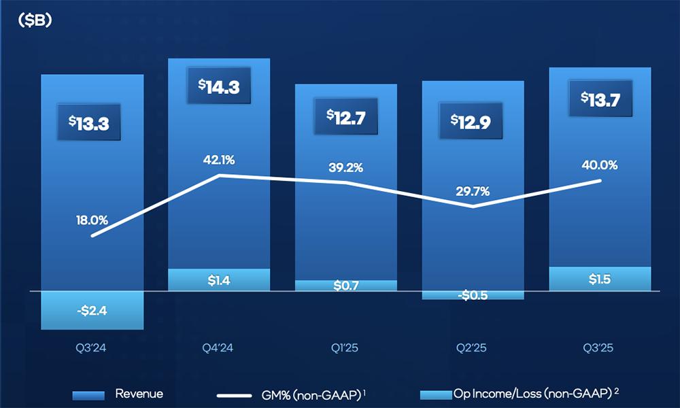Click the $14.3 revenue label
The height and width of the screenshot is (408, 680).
(x=219, y=87)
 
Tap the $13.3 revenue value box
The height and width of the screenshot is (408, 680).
(x=92, y=122)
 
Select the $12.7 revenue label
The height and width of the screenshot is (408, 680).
(x=346, y=116)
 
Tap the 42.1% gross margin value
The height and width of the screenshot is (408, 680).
(x=219, y=160)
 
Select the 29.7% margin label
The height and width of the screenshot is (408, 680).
(x=473, y=191)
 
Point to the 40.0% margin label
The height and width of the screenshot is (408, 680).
(x=600, y=165)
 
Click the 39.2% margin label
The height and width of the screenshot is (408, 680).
(x=346, y=167)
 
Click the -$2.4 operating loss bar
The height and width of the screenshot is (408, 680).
(x=92, y=310)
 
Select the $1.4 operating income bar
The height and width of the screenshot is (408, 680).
(x=219, y=279)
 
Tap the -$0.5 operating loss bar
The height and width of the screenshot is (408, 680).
(x=473, y=295)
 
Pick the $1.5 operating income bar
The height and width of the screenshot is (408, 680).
(x=600, y=279)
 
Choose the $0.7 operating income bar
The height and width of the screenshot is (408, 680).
(x=346, y=286)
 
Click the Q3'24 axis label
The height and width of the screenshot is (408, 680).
(x=92, y=348)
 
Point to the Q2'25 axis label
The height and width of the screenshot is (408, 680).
(x=473, y=348)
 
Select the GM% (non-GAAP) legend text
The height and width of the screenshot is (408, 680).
(x=309, y=394)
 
